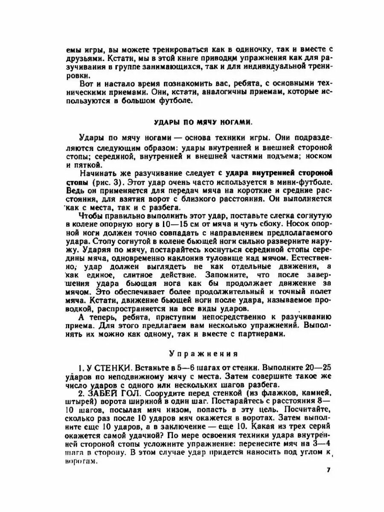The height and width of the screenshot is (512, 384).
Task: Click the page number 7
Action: [329, 470]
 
